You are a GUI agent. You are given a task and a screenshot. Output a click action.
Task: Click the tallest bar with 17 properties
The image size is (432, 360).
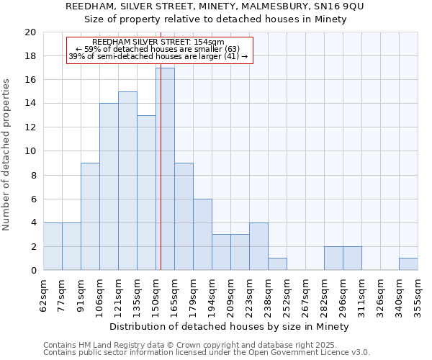click(x=165, y=169)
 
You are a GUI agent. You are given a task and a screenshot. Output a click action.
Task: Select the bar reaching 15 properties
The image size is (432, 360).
click(x=127, y=181)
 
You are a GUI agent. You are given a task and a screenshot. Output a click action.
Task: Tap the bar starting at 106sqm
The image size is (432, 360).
click(x=109, y=186)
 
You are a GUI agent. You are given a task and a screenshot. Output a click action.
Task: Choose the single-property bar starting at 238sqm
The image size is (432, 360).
click(x=277, y=264)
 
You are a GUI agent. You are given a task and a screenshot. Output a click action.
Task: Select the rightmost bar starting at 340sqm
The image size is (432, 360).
click(x=408, y=264)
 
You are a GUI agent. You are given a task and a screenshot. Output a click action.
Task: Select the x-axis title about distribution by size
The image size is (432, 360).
click(x=230, y=326)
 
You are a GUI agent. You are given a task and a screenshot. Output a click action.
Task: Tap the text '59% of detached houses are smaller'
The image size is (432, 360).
click(x=158, y=49)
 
